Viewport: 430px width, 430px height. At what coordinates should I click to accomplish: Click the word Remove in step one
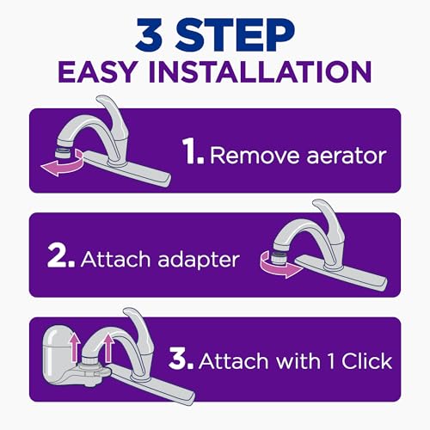[x=250, y=156]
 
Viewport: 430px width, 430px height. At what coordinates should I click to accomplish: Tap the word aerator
[x=339, y=157]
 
